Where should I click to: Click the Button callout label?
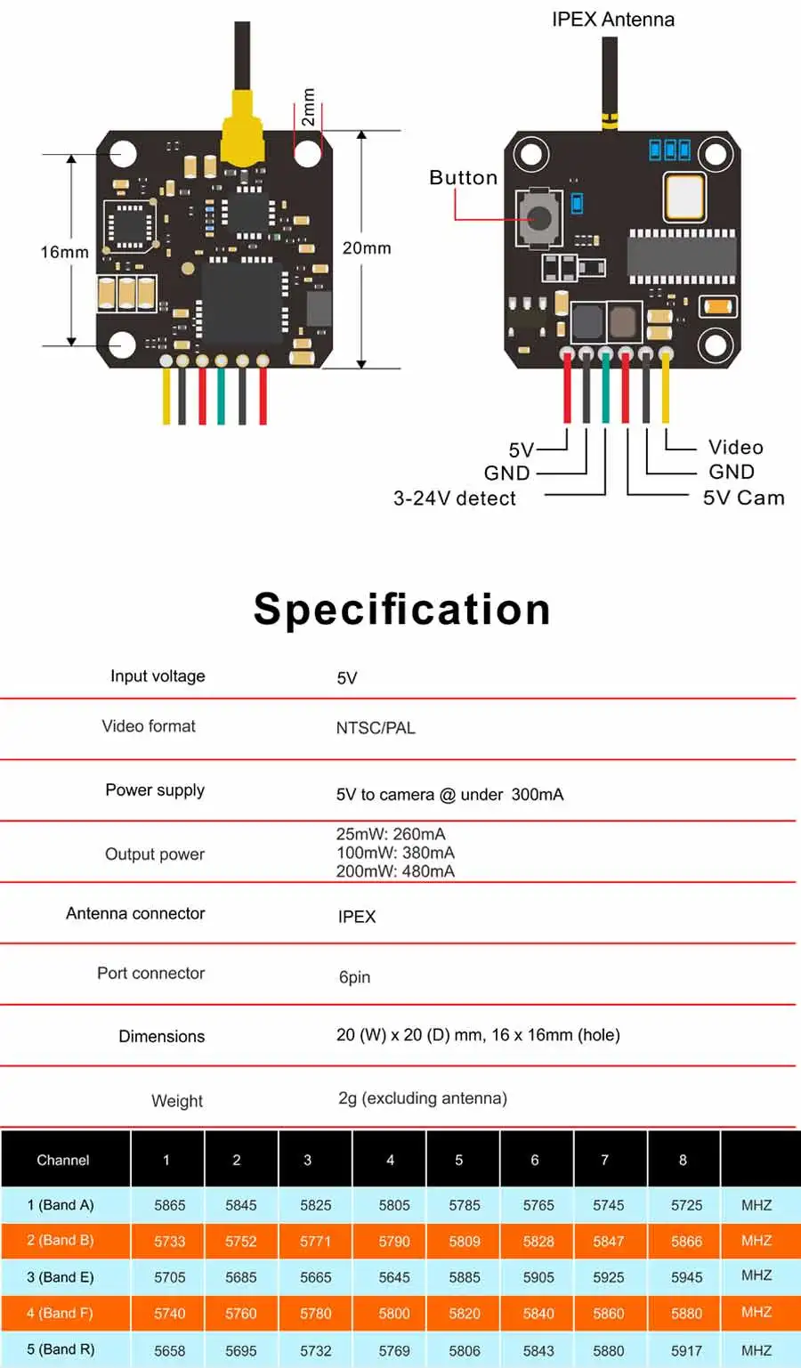pyautogui.click(x=464, y=178)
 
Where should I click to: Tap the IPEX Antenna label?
pyautogui.click(x=613, y=20)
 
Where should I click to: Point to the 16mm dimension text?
pyautogui.click(x=64, y=252)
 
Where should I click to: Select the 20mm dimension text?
pyautogui.click(x=367, y=248)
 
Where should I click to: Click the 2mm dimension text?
pyautogui.click(x=309, y=108)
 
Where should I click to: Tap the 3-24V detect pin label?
pyautogui.click(x=455, y=498)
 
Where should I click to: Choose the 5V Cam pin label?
pyautogui.click(x=744, y=498)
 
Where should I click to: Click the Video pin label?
pyautogui.click(x=736, y=447)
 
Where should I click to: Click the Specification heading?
pyautogui.click(x=402, y=610)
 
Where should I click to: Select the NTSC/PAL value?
pyautogui.click(x=376, y=728)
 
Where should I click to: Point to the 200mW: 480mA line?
pyautogui.click(x=396, y=871)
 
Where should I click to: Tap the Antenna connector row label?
pyautogui.click(x=135, y=913)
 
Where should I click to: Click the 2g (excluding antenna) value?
pyautogui.click(x=423, y=1098)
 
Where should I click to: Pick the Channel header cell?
pyautogui.click(x=63, y=1160)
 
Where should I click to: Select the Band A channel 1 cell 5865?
pyautogui.click(x=170, y=1205)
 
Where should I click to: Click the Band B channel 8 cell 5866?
pyautogui.click(x=687, y=1241)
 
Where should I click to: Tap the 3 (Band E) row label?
pyautogui.click(x=61, y=1277)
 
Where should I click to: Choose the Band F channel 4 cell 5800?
pyautogui.click(x=393, y=1313)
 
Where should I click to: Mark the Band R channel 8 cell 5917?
pyautogui.click(x=687, y=1350)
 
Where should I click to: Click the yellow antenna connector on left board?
pyautogui.click(x=242, y=129)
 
